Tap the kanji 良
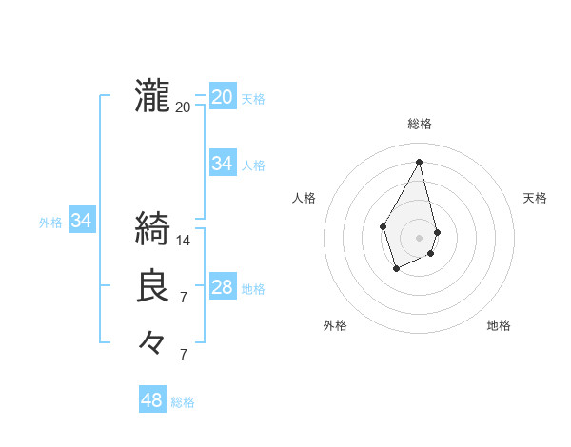click(152, 286)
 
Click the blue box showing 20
click(223, 97)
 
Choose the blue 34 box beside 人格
click(223, 164)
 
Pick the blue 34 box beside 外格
click(82, 222)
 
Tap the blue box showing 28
click(223, 287)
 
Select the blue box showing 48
click(152, 400)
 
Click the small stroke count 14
click(184, 241)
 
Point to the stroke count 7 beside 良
click(184, 298)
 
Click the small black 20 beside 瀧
click(184, 107)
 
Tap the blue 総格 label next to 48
click(183, 402)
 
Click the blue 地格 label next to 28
click(253, 289)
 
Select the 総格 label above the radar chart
click(420, 124)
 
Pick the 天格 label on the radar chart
click(535, 198)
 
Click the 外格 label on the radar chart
click(335, 325)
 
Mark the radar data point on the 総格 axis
click(420, 162)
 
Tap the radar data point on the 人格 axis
click(384, 225)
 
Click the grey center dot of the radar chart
click(420, 237)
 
